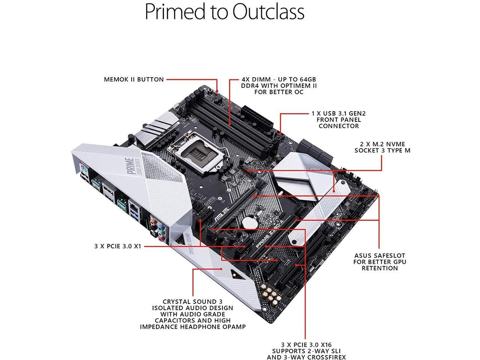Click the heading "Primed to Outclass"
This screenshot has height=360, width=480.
(x=224, y=12)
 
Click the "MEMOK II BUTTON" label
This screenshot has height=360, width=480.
(x=134, y=79)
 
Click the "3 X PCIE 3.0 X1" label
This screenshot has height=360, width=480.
(x=118, y=247)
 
